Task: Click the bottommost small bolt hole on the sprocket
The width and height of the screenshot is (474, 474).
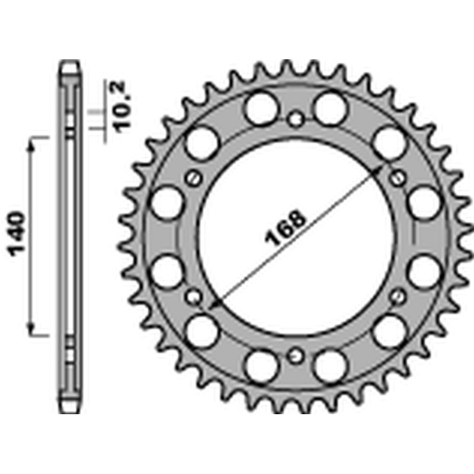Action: (294, 356)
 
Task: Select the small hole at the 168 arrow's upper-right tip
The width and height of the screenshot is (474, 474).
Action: (398, 177)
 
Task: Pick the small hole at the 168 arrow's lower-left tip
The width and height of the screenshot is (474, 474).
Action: (193, 296)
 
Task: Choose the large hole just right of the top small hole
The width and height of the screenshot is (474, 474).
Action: (329, 108)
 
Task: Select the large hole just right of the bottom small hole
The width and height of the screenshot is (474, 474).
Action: (329, 366)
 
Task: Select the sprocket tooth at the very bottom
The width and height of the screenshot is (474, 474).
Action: (294, 408)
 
